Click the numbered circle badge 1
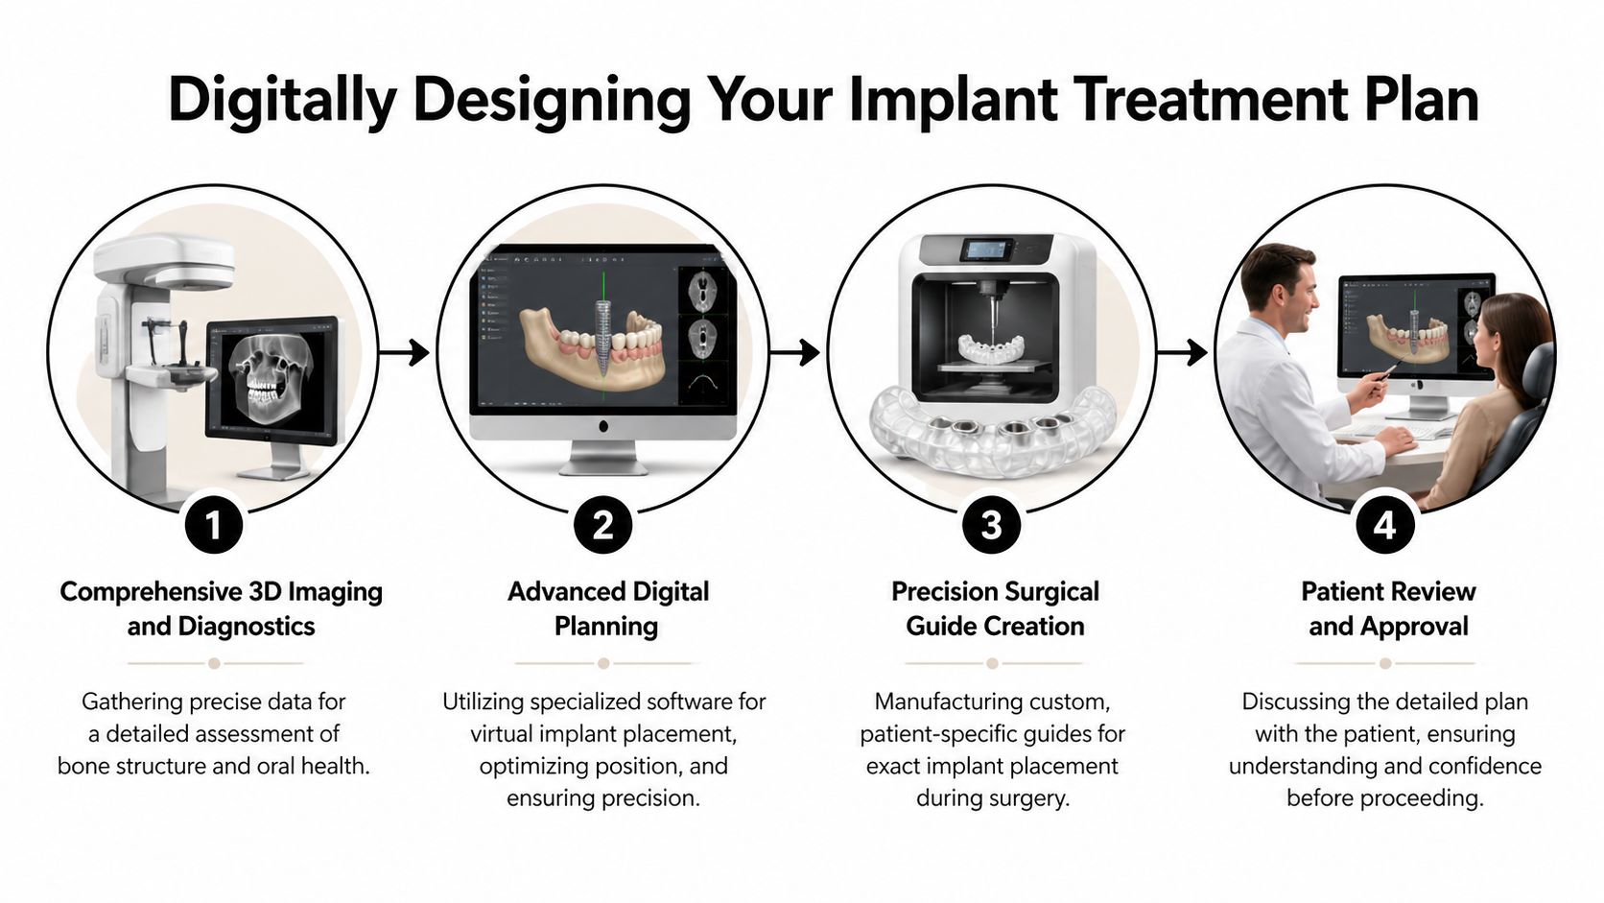tap(213, 525)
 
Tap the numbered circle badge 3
tap(992, 525)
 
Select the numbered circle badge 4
tap(1384, 525)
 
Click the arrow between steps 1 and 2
tap(404, 352)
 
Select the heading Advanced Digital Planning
tap(607, 608)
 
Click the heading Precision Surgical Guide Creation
tap(995, 608)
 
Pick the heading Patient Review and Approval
tap(1387, 608)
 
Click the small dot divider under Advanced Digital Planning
tap(603, 663)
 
